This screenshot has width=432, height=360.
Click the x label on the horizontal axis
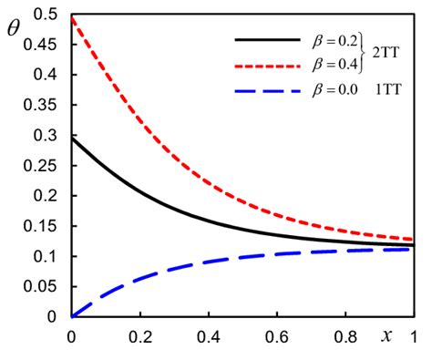[386, 333]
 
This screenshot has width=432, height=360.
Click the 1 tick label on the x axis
[414, 336]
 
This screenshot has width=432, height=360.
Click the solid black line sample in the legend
[267, 40]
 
